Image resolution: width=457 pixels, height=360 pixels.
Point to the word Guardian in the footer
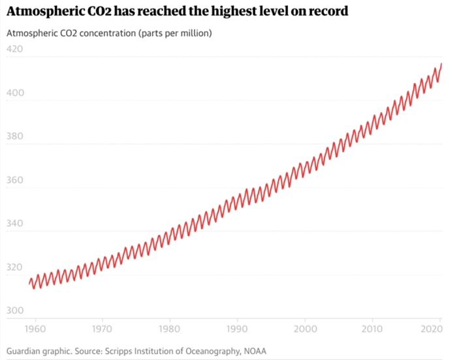[25, 351]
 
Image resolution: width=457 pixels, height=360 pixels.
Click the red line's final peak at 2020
[441, 64]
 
